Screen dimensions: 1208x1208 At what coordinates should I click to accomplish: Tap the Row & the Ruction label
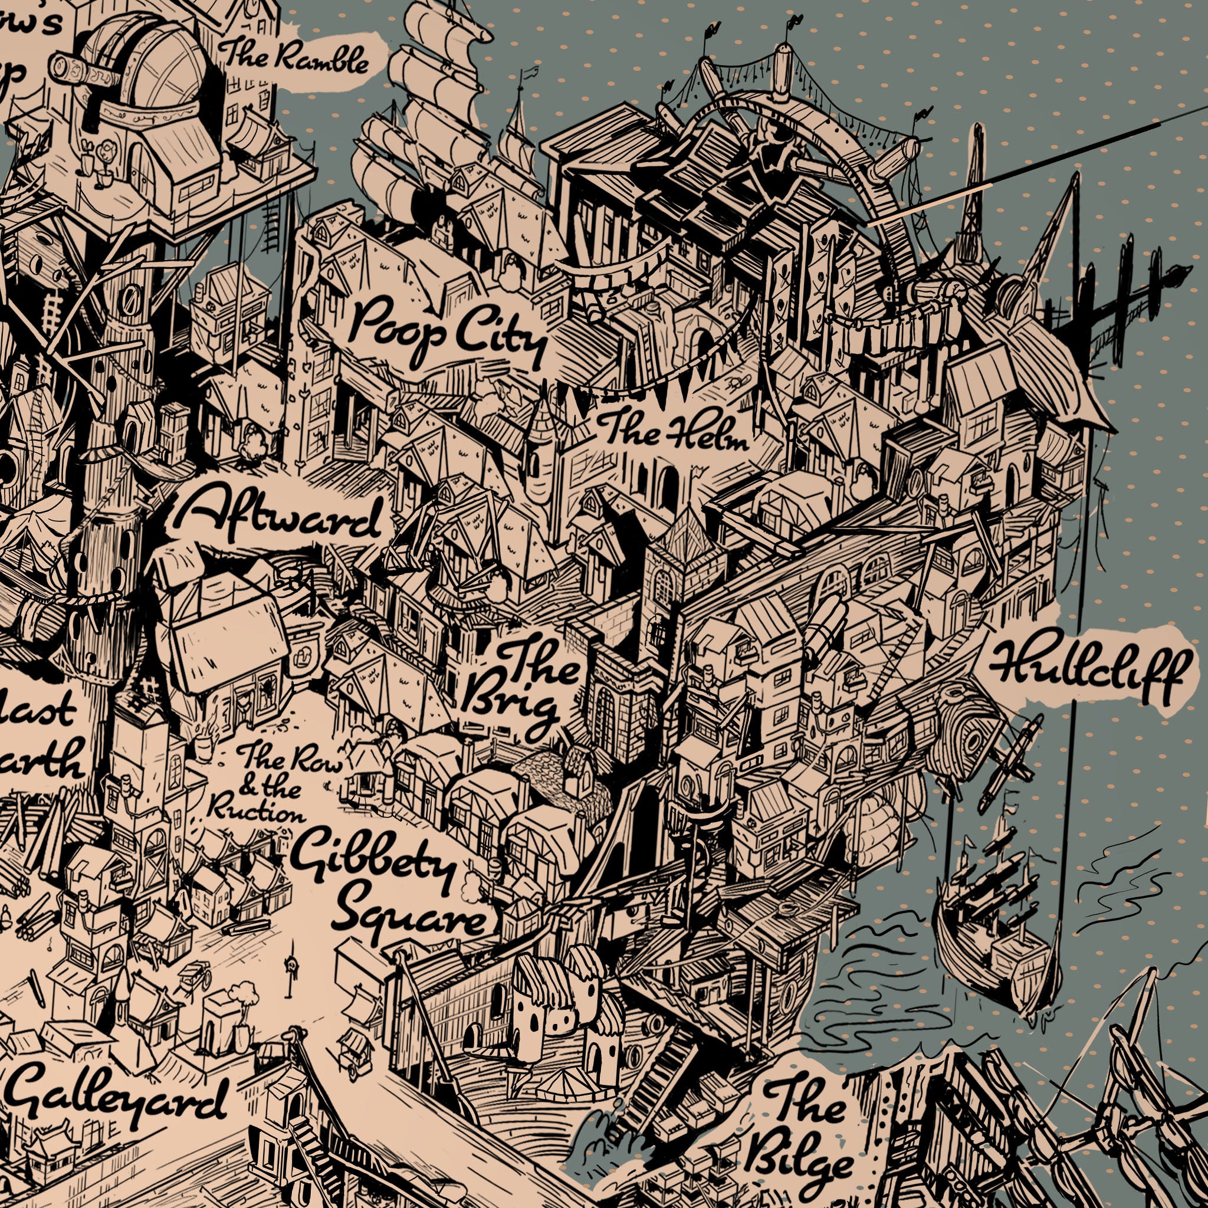[275, 784]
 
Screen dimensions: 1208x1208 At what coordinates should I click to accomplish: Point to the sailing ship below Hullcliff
[994, 931]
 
